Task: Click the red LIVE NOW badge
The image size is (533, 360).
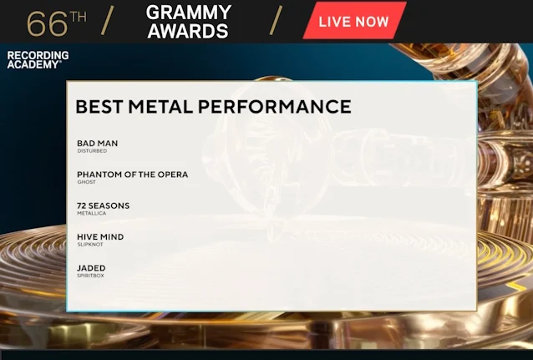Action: tap(354, 21)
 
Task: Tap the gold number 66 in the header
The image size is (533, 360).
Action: tap(48, 23)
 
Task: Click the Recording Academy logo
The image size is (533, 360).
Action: tap(38, 60)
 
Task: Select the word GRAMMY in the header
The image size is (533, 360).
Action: tap(189, 13)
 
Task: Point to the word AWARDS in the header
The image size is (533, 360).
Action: tap(188, 31)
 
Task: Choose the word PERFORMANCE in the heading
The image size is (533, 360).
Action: tap(274, 106)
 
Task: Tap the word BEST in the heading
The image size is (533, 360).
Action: tap(99, 106)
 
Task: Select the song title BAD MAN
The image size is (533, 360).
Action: tap(98, 144)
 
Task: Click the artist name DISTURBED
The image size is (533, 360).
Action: tap(92, 151)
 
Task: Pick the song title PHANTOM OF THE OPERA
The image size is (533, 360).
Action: tap(133, 175)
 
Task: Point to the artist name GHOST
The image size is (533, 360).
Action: tap(86, 182)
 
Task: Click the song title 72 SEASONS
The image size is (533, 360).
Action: tap(104, 206)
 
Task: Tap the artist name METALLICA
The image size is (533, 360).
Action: tap(92, 214)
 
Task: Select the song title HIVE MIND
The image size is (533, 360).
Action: tap(100, 237)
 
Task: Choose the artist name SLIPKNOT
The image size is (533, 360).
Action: tap(90, 245)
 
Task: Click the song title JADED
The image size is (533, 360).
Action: tap(91, 268)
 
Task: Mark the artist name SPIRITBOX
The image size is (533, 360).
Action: tap(91, 276)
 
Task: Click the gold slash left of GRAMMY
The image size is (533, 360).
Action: tap(108, 20)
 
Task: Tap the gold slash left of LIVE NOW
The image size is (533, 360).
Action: tap(276, 20)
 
